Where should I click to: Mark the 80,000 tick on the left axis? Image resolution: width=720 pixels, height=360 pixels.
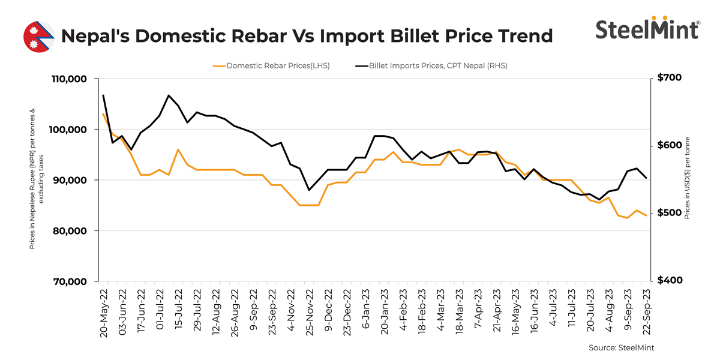69,231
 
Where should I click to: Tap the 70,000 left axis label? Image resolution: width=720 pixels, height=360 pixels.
69,281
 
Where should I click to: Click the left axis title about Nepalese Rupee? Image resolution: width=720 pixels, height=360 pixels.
36,180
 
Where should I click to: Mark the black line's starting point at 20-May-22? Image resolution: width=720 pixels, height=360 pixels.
103,95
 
